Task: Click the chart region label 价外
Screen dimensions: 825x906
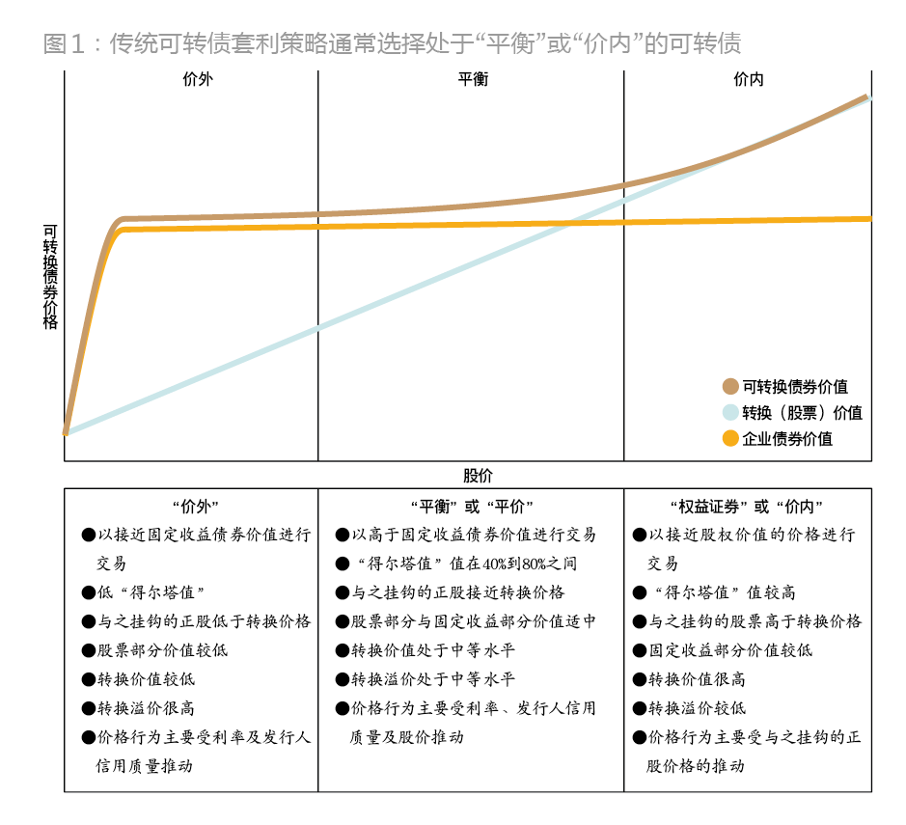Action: click(x=197, y=80)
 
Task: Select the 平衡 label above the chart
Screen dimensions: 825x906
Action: click(x=473, y=80)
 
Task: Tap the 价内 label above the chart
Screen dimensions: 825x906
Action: click(x=748, y=80)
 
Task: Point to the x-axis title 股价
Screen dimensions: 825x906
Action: click(x=478, y=476)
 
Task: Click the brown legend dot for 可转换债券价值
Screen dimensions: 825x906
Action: click(x=730, y=387)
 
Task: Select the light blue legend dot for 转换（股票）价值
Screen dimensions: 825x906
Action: click(x=730, y=413)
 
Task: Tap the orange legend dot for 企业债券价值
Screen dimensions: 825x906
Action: click(x=730, y=439)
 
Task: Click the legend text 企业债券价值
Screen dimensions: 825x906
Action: click(x=787, y=439)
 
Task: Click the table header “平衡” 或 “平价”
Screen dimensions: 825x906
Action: click(x=472, y=507)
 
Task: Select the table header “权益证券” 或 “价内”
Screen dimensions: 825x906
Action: click(x=748, y=507)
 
